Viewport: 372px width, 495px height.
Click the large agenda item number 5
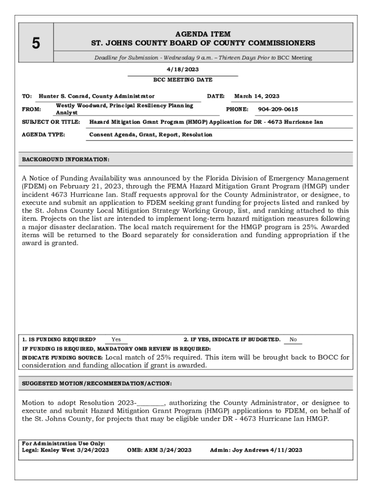coord(36,44)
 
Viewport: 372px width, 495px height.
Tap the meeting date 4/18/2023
coord(183,69)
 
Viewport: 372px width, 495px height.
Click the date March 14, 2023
coord(257,96)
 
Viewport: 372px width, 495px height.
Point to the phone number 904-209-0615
coord(278,109)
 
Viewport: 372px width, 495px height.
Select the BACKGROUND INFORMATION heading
coord(66,159)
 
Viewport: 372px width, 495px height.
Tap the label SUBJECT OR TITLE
coord(51,122)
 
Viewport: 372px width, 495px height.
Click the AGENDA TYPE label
coord(43,134)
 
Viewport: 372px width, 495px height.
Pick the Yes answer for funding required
coord(116,340)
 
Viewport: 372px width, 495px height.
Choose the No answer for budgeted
coord(293,340)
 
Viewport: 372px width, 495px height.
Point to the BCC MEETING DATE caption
coord(183,80)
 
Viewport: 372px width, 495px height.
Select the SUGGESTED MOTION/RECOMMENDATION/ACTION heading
coord(97,383)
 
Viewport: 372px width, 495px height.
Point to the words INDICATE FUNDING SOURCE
coord(62,357)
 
